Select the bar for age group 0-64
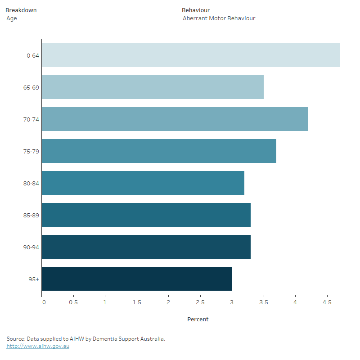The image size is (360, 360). [190, 55]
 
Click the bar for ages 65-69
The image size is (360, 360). [153, 87]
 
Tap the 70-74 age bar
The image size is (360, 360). [175, 119]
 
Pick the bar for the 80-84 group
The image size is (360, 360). [143, 183]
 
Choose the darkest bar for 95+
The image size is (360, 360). [137, 279]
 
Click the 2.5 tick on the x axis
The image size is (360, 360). [200, 302]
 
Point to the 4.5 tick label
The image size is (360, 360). [327, 302]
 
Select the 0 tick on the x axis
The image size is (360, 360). [44, 302]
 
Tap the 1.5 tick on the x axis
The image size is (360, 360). [136, 302]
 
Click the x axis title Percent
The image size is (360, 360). [198, 319]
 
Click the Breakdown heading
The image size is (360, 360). [21, 10]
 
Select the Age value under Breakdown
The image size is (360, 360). [12, 18]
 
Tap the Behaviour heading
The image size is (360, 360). [196, 10]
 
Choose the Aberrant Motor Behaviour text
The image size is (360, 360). [219, 18]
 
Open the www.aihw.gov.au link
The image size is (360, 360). [38, 346]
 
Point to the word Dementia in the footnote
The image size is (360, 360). [103, 338]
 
